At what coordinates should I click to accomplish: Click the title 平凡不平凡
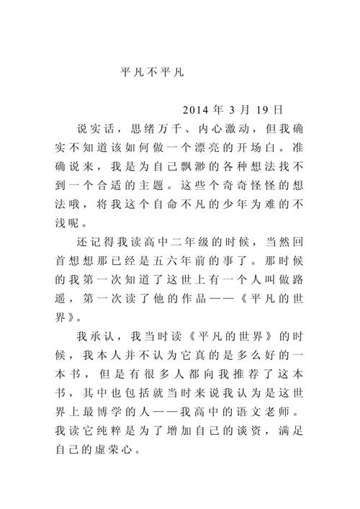point(154,73)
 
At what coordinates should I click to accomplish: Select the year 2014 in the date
point(196,110)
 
